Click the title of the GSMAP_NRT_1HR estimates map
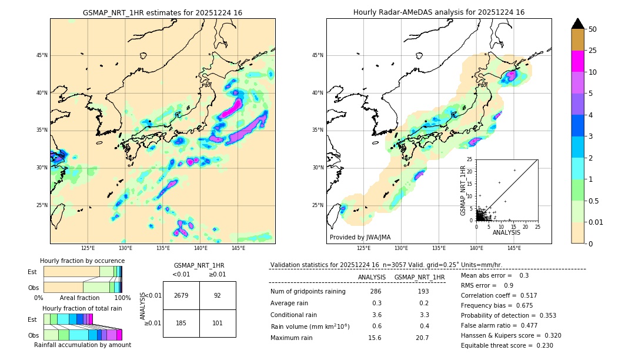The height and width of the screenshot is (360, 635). [x=162, y=12]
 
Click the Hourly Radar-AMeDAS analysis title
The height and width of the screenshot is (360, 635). [x=439, y=12]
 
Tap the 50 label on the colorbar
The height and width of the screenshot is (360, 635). [x=593, y=29]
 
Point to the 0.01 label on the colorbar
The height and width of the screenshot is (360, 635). [x=596, y=222]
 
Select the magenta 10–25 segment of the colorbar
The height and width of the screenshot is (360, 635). [x=577, y=61]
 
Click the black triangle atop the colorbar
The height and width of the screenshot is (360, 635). [x=577, y=24]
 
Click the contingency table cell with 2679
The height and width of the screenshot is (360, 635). [x=181, y=295]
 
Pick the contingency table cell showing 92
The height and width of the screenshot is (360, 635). [x=218, y=295]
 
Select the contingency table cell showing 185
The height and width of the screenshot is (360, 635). [x=181, y=323]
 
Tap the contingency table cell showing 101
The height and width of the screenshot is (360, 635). [x=218, y=323]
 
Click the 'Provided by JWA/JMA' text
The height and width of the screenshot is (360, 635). [x=360, y=237]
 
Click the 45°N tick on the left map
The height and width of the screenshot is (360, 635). [x=42, y=55]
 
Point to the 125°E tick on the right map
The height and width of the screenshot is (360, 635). [x=364, y=248]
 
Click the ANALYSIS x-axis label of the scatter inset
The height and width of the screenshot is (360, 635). [x=506, y=233]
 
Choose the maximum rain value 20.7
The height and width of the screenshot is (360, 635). [x=423, y=338]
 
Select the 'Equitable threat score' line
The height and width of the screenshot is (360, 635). [x=507, y=345]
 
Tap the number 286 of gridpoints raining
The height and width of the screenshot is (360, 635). [x=376, y=291]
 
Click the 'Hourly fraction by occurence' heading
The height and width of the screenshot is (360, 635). [x=82, y=261]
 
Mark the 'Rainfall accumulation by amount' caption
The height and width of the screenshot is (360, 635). [x=82, y=345]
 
